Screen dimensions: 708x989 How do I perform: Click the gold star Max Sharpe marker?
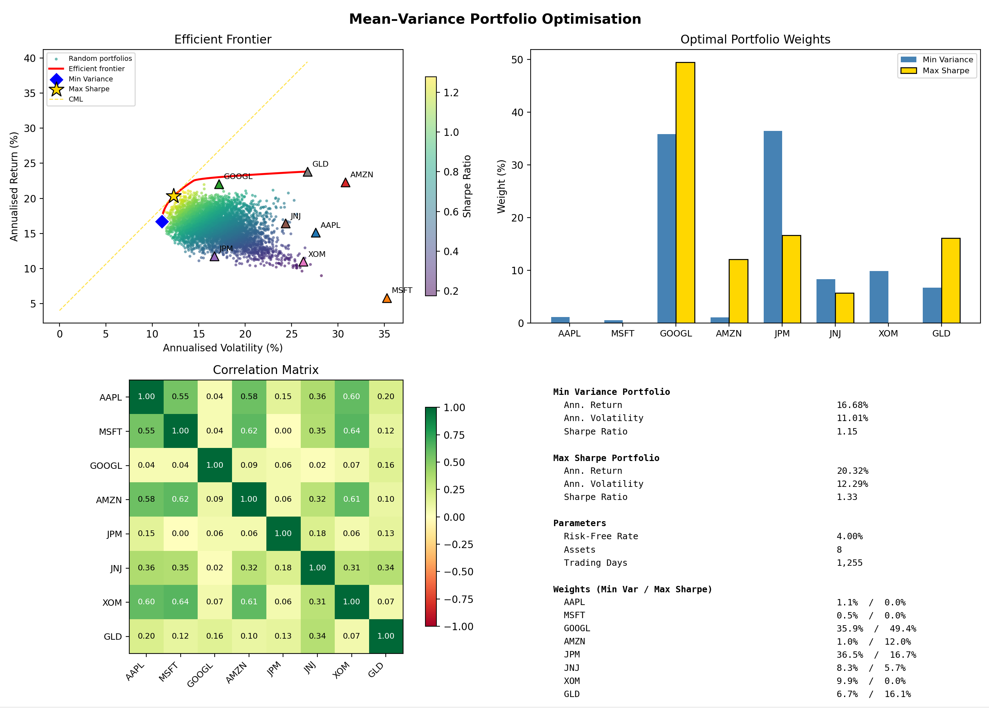(174, 196)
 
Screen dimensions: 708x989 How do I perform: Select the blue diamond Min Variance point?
(162, 221)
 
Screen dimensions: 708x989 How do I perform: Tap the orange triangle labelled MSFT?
(387, 298)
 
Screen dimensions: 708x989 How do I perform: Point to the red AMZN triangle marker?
(345, 183)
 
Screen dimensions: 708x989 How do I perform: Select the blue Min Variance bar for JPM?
(773, 226)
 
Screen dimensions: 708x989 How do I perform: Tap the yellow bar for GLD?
(951, 281)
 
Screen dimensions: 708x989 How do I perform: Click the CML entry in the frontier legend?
(75, 99)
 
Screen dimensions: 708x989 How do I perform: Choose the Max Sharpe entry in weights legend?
(945, 70)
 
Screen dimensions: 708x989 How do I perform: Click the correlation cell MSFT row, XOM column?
(351, 431)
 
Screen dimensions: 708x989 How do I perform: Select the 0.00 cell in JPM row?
(180, 533)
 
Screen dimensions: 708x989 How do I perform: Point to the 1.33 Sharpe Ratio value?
(846, 497)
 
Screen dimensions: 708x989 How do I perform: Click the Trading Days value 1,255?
(849, 563)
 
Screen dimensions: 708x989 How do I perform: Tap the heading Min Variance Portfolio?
(611, 392)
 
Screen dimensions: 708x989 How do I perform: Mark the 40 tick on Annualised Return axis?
(30, 58)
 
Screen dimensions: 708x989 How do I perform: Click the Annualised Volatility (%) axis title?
(222, 348)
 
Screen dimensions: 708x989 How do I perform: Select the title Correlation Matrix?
(266, 370)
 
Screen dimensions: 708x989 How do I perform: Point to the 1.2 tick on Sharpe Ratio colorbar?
(451, 92)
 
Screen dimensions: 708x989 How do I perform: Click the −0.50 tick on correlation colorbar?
(458, 572)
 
